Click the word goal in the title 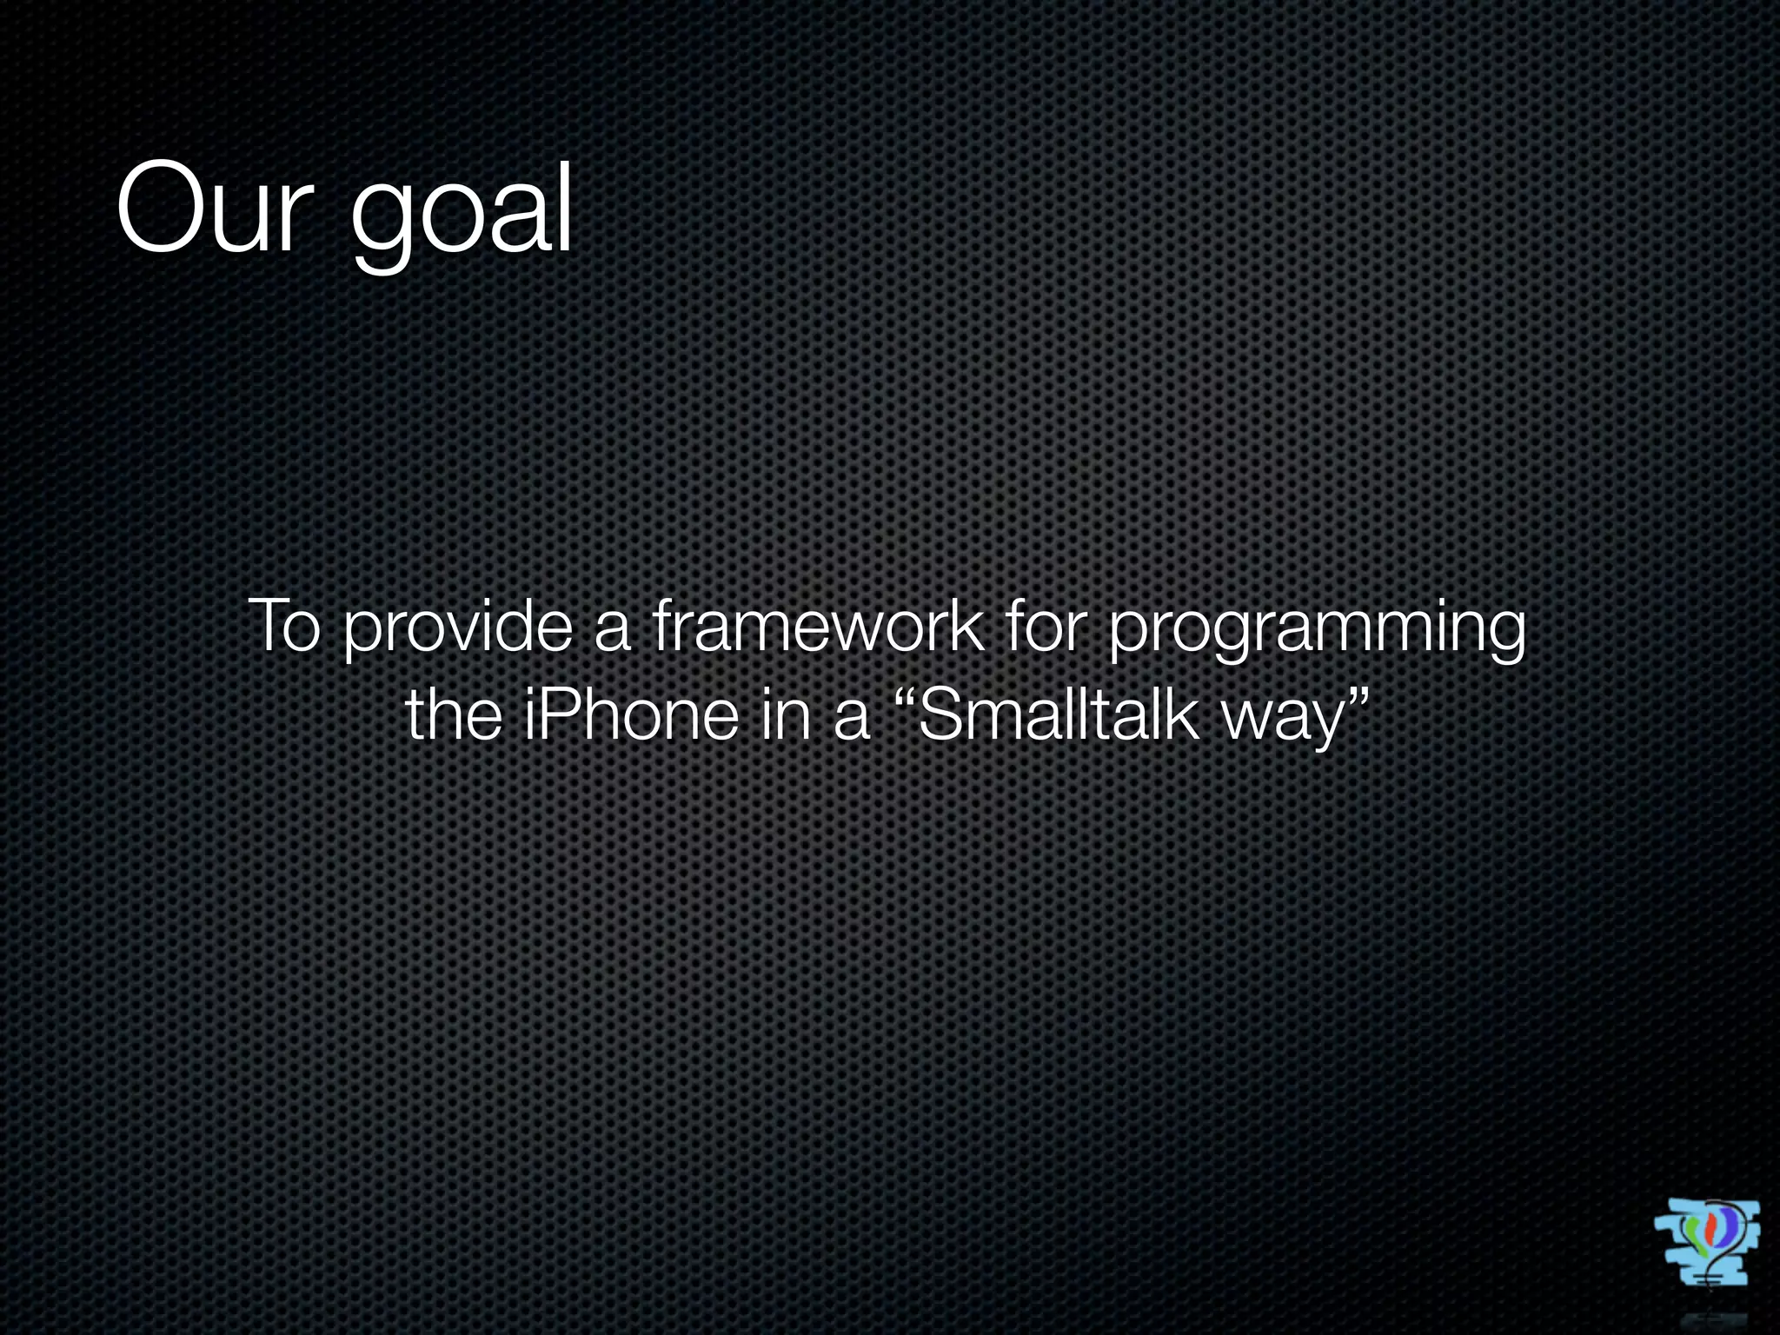coord(462,213)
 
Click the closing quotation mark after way coord(1357,700)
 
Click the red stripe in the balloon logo coord(1710,1230)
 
